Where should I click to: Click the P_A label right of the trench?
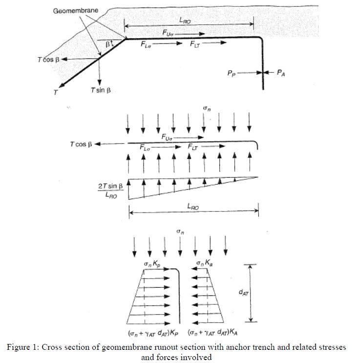281,73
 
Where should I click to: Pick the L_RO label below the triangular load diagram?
193,207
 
